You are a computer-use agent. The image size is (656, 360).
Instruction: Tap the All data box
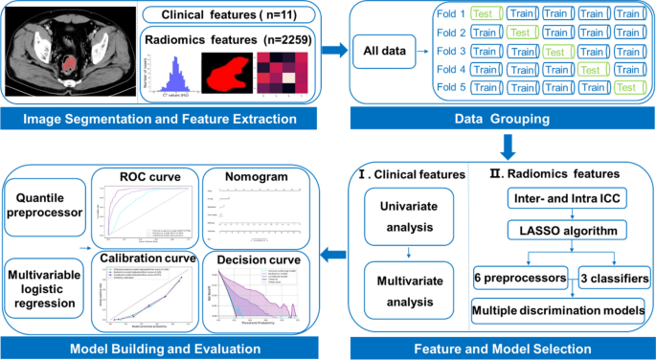pyautogui.click(x=386, y=52)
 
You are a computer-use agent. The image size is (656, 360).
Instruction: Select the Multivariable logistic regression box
pyautogui.click(x=45, y=275)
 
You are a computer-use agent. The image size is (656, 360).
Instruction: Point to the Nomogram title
pyautogui.click(x=254, y=177)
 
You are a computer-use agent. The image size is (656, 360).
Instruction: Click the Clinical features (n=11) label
pyautogui.click(x=227, y=14)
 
